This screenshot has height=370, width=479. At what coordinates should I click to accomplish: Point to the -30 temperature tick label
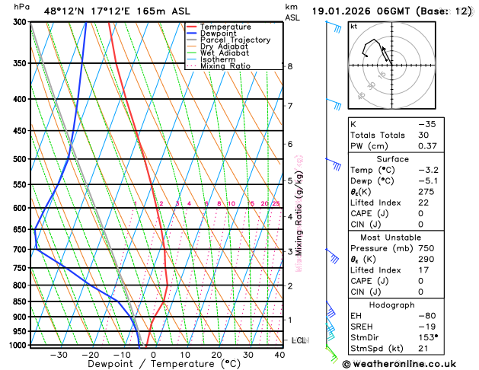[x=59, y=354]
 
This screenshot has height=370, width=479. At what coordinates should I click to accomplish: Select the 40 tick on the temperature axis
[x=280, y=354]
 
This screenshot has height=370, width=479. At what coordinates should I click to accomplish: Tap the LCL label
[x=299, y=340]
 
